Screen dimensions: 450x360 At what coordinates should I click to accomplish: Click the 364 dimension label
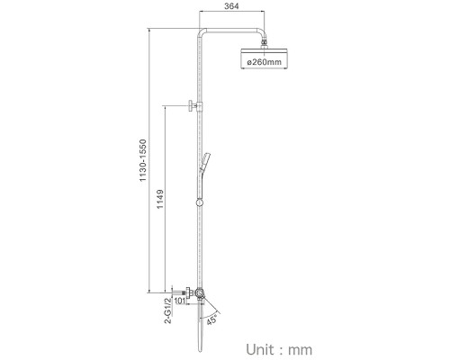coord(231,5)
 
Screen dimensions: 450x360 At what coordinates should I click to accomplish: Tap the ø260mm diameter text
coord(265,62)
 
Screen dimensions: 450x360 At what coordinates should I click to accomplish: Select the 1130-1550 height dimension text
coord(143,160)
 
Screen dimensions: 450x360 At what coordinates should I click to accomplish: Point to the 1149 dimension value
coord(160,199)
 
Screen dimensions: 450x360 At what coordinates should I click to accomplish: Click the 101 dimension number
coord(179,301)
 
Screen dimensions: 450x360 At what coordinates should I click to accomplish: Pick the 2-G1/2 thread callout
coord(168,310)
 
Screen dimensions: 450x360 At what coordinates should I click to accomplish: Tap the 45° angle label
coord(211,320)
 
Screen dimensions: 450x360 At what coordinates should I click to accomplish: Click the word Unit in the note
coord(260,350)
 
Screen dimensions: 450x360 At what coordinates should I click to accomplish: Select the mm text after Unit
coord(300,350)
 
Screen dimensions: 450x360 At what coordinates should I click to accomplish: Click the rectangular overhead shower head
coord(264,58)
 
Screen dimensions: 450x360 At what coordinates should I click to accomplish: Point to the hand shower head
coord(206,159)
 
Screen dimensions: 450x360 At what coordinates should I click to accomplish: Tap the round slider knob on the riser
coord(200,202)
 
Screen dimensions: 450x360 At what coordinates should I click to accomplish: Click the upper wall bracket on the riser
coord(195,106)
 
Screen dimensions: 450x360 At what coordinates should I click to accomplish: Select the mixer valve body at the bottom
coord(199,293)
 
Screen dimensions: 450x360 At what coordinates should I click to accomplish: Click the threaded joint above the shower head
coord(264,43)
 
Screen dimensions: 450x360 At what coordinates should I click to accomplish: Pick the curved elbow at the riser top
coord(202,32)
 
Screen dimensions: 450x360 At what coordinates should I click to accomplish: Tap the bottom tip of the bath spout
coord(201,351)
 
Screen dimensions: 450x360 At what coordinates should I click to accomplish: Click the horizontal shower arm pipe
coord(231,31)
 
